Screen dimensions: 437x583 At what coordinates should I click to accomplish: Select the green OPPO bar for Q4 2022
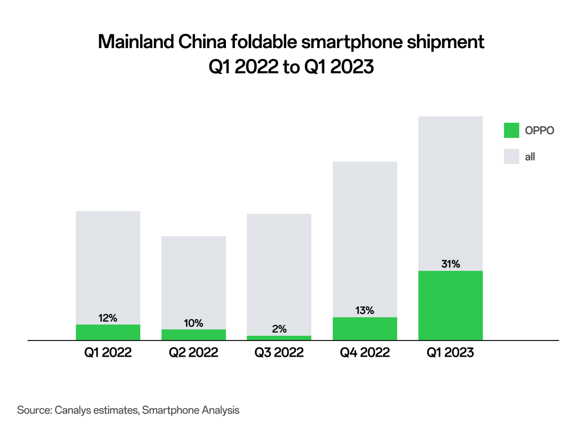click(x=365, y=328)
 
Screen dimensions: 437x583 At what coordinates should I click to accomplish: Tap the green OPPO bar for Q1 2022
click(x=108, y=332)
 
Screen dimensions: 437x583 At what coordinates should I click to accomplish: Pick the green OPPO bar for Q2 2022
click(x=193, y=335)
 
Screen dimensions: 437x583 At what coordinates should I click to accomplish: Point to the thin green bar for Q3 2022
click(x=279, y=338)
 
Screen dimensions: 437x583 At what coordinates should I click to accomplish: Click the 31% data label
click(x=450, y=264)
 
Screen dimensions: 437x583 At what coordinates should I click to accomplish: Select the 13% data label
click(x=365, y=311)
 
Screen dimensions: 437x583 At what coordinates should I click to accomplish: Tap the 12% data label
click(x=108, y=318)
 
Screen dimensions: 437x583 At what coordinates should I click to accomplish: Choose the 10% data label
click(x=193, y=323)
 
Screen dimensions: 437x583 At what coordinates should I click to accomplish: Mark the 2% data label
click(x=279, y=329)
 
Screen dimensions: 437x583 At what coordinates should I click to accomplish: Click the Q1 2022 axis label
click(x=108, y=353)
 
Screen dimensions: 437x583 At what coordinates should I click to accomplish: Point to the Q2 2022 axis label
click(x=193, y=353)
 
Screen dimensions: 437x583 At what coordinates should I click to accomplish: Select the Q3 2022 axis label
click(x=279, y=353)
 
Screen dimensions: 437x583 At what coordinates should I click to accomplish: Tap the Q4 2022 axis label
click(x=365, y=353)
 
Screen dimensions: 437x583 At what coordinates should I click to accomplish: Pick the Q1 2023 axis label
click(x=450, y=353)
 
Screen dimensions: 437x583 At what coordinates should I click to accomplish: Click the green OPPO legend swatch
click(x=511, y=130)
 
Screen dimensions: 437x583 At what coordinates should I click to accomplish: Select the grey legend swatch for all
click(x=511, y=157)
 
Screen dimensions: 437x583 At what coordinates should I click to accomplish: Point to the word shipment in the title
click(x=445, y=42)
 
